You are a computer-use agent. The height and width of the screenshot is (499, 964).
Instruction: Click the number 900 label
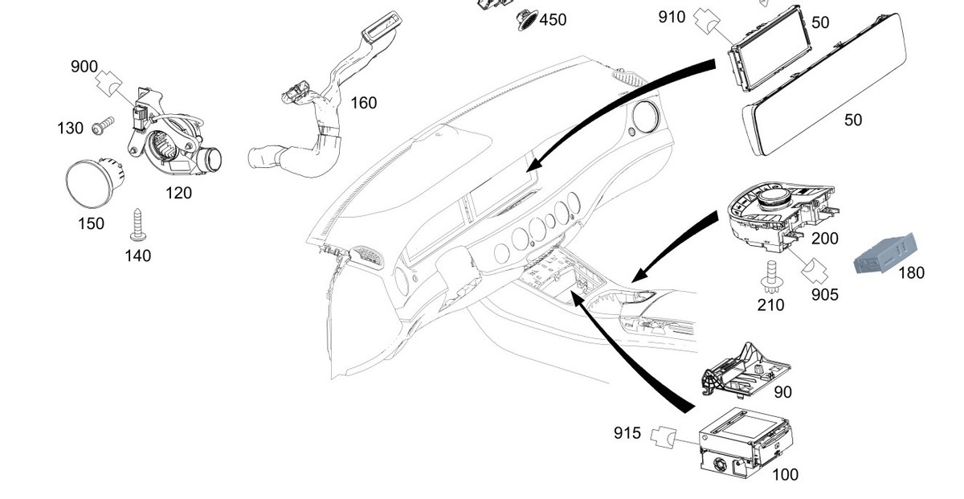84,67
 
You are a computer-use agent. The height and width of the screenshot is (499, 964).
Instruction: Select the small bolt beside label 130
100,126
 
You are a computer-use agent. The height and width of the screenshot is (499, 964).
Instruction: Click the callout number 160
363,103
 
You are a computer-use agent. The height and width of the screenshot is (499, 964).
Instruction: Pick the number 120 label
178,192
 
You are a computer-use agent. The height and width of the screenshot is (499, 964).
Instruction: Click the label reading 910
672,15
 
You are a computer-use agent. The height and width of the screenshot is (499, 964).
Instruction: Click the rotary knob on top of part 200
774,197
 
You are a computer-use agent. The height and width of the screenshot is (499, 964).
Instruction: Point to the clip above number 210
770,273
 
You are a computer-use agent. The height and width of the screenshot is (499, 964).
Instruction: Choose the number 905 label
824,295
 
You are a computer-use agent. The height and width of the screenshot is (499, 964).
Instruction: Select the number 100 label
785,475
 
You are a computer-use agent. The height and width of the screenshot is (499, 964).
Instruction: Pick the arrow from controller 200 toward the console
675,245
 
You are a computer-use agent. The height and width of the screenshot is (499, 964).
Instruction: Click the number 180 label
911,272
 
